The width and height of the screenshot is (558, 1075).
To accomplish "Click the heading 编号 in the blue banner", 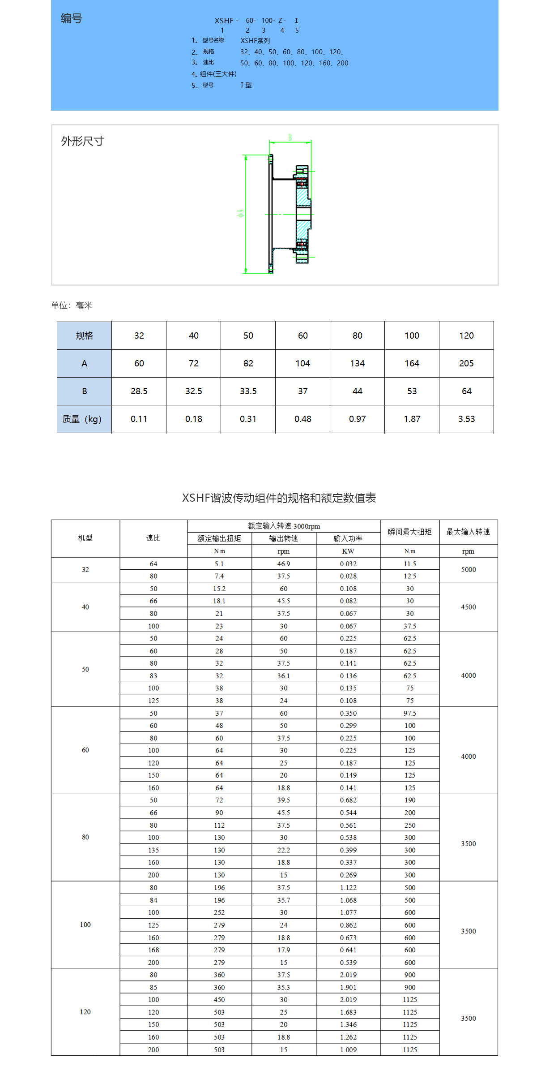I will (72, 18).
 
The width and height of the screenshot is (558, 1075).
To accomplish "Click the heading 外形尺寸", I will (82, 141).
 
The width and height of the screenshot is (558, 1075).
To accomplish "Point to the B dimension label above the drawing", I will (290, 138).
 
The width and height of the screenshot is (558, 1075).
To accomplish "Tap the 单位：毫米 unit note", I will (72, 305).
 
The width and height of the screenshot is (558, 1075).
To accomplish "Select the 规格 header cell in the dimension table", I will (84, 335).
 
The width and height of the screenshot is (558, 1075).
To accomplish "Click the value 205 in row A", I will (466, 363).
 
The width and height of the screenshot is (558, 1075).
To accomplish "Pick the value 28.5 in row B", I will (139, 391).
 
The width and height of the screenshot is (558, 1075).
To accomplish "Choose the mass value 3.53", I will (466, 419).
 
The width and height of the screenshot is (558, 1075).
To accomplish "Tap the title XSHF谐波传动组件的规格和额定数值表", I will (279, 498).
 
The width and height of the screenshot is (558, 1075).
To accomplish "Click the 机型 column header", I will (85, 538).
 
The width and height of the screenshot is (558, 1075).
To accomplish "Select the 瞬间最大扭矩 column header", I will (409, 532).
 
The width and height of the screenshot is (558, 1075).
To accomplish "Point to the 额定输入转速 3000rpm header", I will (284, 526).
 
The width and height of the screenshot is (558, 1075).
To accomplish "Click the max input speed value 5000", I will (468, 569).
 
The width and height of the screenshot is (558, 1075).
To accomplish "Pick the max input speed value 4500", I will (468, 607).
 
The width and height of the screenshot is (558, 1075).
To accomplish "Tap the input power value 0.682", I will (348, 800).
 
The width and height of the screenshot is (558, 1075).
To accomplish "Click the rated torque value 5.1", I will (219, 563).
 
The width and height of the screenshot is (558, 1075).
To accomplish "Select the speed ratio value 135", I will (153, 850).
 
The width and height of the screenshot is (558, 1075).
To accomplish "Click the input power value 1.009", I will (348, 1049).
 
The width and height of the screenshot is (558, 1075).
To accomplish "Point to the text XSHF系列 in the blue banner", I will (255, 41).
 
